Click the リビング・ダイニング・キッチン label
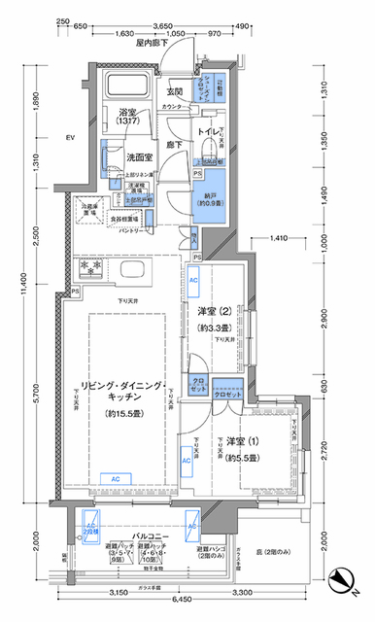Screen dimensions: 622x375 (122, 387)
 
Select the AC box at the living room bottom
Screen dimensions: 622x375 (115, 479)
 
